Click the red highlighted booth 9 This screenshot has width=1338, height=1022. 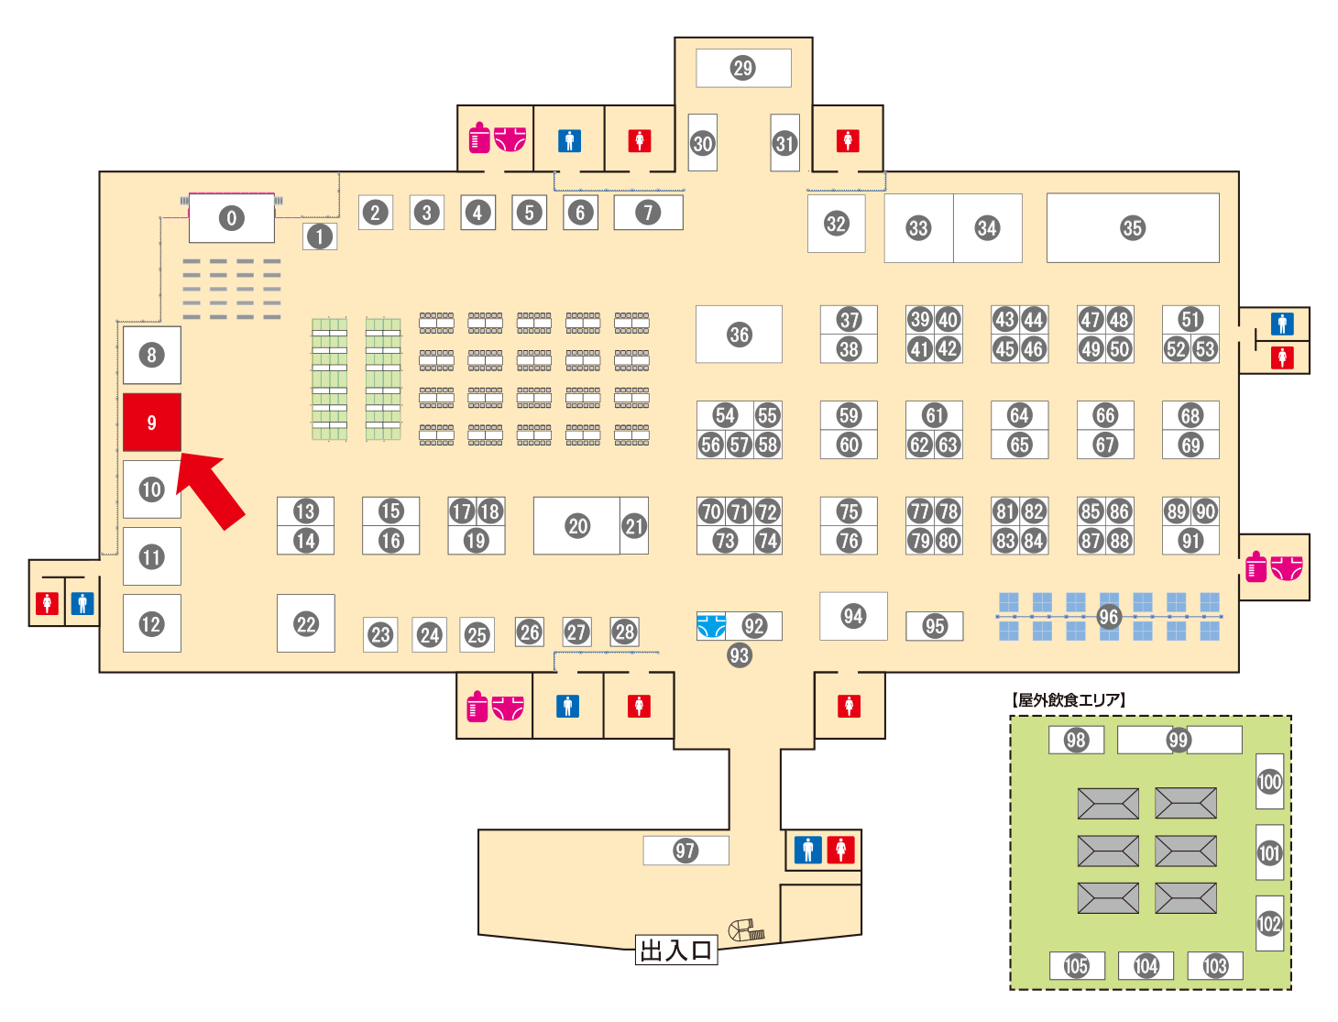tap(152, 423)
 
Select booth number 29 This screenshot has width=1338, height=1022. tap(743, 68)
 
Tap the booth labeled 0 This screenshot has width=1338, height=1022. tap(232, 218)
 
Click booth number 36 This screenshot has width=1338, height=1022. tap(739, 335)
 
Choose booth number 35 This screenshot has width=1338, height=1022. tap(1133, 228)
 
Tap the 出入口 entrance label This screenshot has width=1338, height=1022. tap(676, 951)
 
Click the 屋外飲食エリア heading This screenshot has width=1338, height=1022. tap(1069, 699)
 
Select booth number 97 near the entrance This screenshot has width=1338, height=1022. tap(685, 851)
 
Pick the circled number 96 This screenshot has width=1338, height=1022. tap(1108, 617)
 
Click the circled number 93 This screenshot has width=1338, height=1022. tap(739, 655)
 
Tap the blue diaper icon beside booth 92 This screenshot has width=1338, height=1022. tap(711, 626)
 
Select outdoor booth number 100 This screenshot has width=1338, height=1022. tap(1270, 781)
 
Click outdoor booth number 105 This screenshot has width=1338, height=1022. tap(1077, 965)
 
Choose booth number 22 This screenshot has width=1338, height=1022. tap(305, 623)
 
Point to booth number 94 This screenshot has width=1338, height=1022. tap(853, 616)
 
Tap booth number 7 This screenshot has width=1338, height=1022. tap(648, 212)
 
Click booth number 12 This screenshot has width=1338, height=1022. tap(152, 623)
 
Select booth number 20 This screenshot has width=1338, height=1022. tap(576, 525)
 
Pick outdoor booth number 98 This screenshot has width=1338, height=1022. tap(1076, 740)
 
